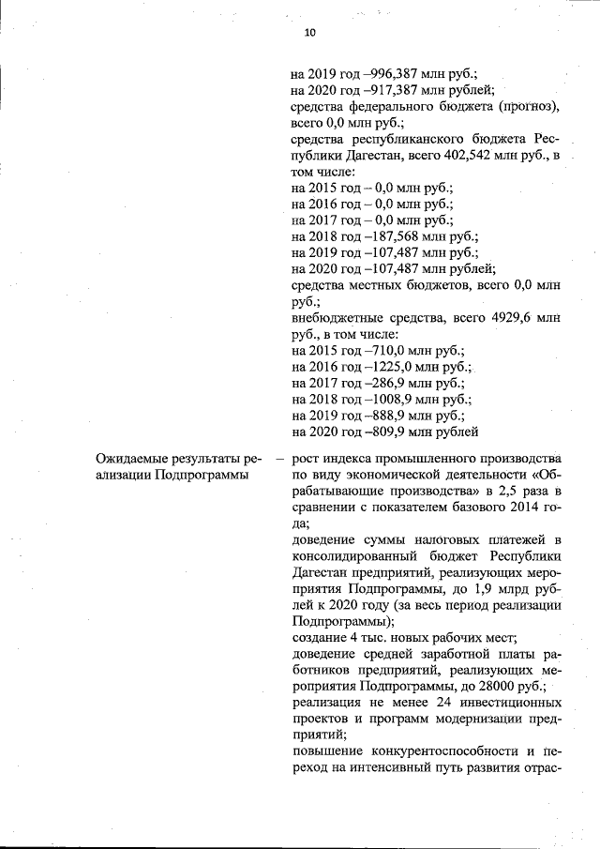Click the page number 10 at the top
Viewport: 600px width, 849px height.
point(310,33)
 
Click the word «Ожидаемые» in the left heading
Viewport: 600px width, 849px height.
point(137,460)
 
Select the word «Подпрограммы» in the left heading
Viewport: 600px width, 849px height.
point(195,476)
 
